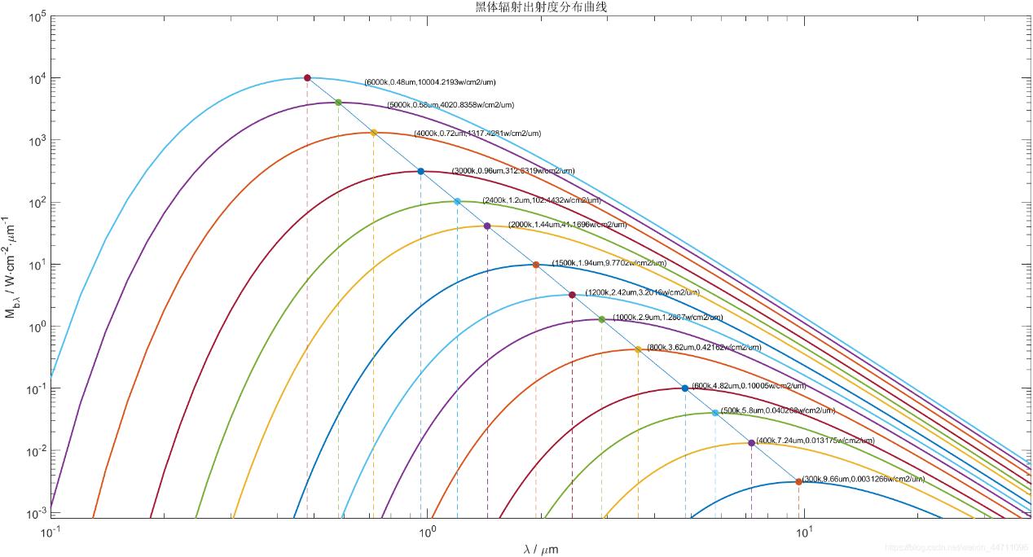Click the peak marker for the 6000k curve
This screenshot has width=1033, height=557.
click(x=307, y=77)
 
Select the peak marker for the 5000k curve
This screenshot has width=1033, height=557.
click(x=338, y=103)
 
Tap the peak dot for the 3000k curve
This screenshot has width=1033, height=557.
click(x=420, y=171)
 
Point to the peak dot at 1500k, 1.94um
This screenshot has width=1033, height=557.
click(x=535, y=265)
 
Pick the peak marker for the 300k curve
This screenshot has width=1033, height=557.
click(x=798, y=481)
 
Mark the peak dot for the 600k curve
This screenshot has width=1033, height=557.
click(x=684, y=388)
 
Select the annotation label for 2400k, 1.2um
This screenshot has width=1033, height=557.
click(x=541, y=200)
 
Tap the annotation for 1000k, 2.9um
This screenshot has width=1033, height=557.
click(x=667, y=318)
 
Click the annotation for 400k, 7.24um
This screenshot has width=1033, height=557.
click(x=815, y=441)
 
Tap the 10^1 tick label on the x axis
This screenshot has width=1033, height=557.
click(x=804, y=533)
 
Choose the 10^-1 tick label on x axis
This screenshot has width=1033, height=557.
click(x=51, y=533)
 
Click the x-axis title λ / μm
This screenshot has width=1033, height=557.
click(x=540, y=549)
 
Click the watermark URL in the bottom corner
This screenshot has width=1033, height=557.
click(x=956, y=548)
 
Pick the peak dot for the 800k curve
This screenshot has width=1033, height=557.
click(x=637, y=349)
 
